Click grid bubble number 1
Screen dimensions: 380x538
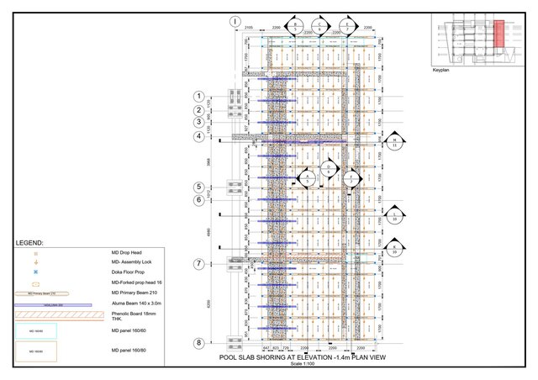(x=199, y=96)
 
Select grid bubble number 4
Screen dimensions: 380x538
(x=199, y=136)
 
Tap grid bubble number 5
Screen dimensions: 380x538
(x=199, y=187)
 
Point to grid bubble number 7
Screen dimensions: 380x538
(x=199, y=264)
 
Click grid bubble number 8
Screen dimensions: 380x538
(x=199, y=343)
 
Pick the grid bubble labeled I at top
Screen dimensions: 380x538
(x=235, y=20)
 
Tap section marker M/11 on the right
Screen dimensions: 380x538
(x=395, y=141)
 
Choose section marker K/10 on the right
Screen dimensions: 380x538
(x=394, y=246)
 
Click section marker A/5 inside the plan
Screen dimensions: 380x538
(x=308, y=177)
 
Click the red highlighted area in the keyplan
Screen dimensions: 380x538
(x=498, y=34)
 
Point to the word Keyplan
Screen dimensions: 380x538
(x=441, y=71)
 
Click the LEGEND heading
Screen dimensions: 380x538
(x=29, y=242)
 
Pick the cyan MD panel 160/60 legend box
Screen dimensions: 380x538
(x=35, y=330)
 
